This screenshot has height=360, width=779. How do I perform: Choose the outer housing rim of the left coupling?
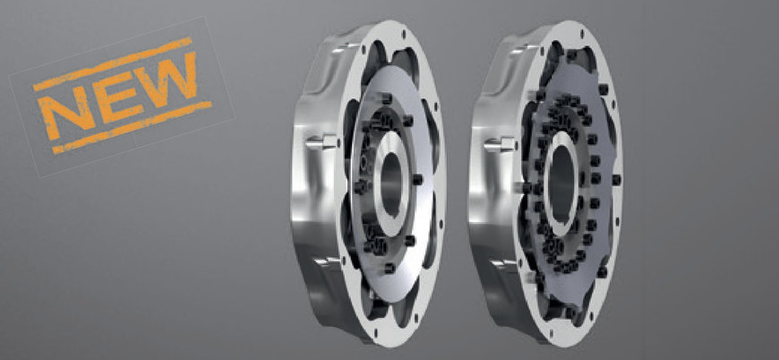(x=304, y=206)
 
